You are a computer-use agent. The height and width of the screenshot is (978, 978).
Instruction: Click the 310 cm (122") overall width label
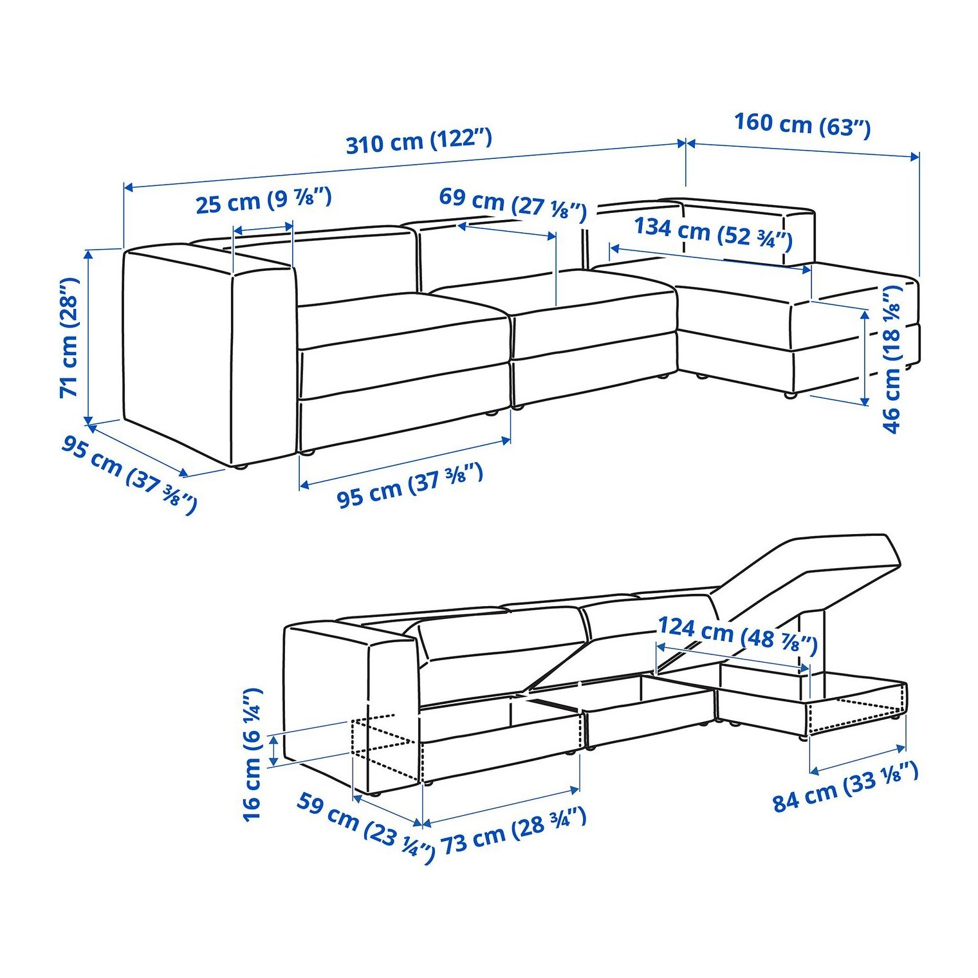(419, 141)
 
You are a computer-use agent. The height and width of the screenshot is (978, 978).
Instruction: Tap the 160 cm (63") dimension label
(802, 124)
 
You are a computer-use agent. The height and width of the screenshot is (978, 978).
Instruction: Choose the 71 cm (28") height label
(69, 338)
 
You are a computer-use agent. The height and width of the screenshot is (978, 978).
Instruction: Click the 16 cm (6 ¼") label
(252, 754)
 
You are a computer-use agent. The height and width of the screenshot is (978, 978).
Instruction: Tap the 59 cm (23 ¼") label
(365, 827)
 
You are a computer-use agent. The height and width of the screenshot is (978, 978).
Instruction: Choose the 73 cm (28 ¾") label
(513, 831)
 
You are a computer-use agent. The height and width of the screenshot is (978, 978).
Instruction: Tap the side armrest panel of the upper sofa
(209, 354)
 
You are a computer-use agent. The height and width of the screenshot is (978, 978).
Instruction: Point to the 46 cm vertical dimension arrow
(865, 356)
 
